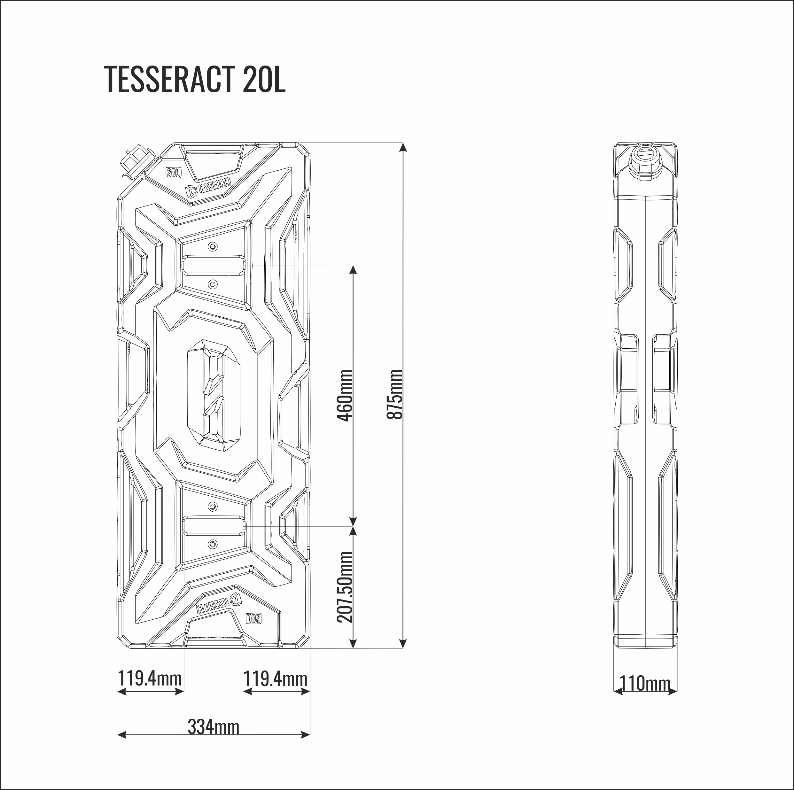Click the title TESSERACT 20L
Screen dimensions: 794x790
coord(194,79)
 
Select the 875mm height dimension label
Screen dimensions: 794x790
coord(395,394)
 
